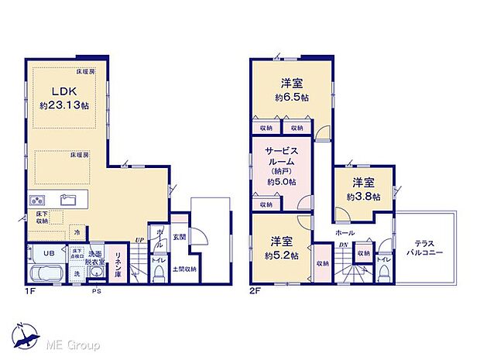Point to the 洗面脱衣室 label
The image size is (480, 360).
pos(95,258)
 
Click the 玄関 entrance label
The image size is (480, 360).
pos(179,236)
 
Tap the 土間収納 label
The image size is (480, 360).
pos(183,269)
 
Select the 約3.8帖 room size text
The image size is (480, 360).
pos(363,197)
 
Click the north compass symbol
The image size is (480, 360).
pos(25,334)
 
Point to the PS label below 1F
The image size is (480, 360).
pos(96,291)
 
